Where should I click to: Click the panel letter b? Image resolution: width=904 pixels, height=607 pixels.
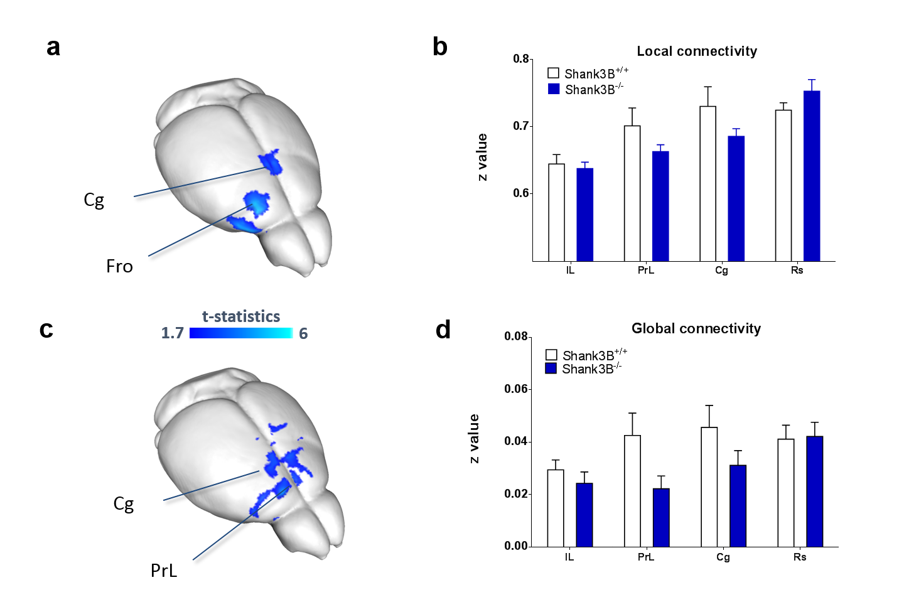click(440, 47)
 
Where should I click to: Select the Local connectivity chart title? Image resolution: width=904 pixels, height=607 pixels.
click(697, 51)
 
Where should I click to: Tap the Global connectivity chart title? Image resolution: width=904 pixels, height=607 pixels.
click(696, 329)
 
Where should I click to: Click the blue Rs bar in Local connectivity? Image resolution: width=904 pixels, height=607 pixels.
click(812, 176)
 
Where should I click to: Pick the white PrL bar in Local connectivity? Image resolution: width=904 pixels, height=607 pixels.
click(632, 193)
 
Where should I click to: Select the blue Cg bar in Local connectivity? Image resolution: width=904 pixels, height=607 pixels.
click(736, 198)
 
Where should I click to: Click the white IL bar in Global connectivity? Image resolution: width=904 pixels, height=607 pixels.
click(556, 508)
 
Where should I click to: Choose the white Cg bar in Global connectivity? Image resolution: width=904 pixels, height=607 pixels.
click(709, 486)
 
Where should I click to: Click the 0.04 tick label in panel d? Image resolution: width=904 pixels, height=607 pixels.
click(516, 441)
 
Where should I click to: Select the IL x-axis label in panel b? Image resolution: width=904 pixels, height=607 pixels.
click(570, 271)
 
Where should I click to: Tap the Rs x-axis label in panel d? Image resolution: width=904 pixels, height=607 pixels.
click(800, 557)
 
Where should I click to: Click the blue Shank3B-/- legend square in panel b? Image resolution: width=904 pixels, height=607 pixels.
click(554, 89)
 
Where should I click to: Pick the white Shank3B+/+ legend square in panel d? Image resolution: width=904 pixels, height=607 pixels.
click(551, 355)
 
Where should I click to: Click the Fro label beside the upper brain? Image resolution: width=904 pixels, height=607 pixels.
click(119, 267)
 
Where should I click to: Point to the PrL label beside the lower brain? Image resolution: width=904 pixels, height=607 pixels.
click(164, 571)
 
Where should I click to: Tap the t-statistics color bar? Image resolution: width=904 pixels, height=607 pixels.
click(241, 333)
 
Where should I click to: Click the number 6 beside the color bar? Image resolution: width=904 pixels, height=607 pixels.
click(303, 333)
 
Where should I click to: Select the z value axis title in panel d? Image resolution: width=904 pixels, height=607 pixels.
click(475, 438)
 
